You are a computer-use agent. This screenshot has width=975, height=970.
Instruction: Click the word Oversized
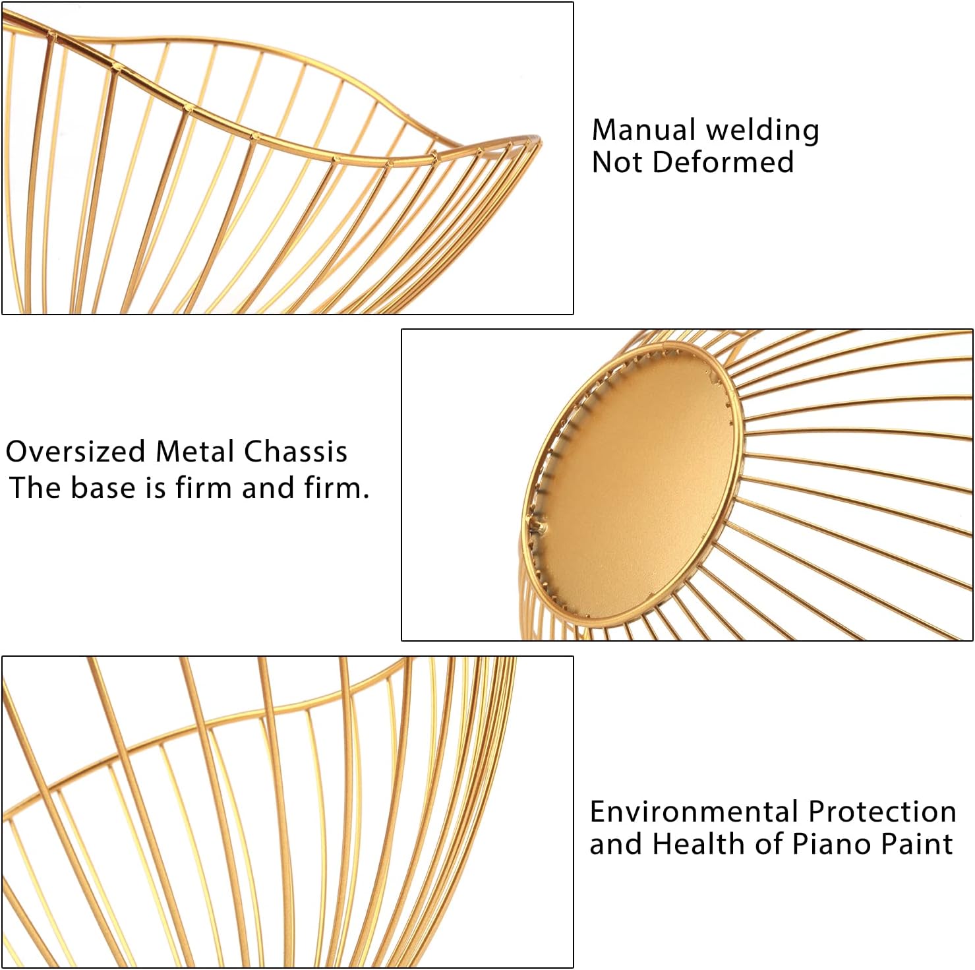(x=75, y=452)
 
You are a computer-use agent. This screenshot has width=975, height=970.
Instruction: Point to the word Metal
(x=194, y=452)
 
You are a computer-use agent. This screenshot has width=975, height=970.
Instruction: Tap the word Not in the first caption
(x=616, y=162)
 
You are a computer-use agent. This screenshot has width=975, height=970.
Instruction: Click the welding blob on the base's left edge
(x=537, y=524)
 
